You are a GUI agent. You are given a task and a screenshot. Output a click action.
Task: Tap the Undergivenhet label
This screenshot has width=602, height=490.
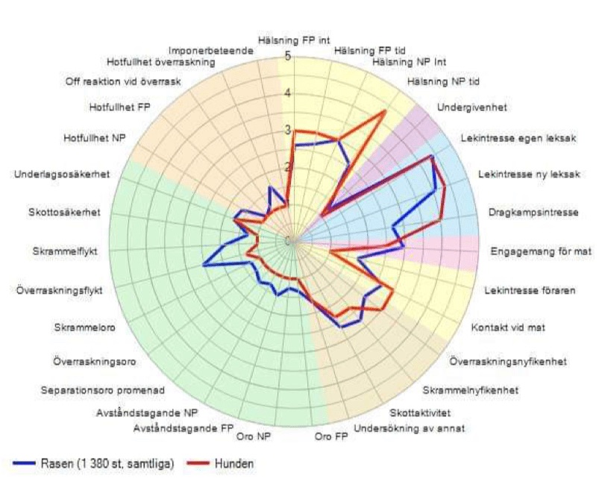coord(471,107)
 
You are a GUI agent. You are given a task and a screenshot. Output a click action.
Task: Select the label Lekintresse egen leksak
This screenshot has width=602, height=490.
coord(518,139)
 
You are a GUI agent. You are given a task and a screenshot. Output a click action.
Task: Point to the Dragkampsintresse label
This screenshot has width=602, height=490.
coord(533,213)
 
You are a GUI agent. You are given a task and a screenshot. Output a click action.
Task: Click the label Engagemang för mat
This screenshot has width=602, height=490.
coord(541,251)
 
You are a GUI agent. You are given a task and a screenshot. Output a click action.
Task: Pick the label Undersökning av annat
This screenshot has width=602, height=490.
coord(410,428)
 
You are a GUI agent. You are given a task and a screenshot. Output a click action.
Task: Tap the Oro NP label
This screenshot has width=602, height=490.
coord(251,436)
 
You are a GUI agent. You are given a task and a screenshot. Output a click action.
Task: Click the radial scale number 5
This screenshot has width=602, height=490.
coord(288,56)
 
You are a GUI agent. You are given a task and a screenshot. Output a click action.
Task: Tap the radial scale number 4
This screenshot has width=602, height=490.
coord(288,93)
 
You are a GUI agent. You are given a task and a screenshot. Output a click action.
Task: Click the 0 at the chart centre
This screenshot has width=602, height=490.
coord(288,240)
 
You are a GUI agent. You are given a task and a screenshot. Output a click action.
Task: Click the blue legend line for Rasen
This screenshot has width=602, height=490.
coord(29,464)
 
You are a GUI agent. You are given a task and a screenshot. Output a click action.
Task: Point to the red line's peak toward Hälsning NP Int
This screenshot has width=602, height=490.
coord(385,112)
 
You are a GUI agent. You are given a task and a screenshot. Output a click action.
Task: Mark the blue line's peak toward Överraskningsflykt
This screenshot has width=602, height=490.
coord(204,263)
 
